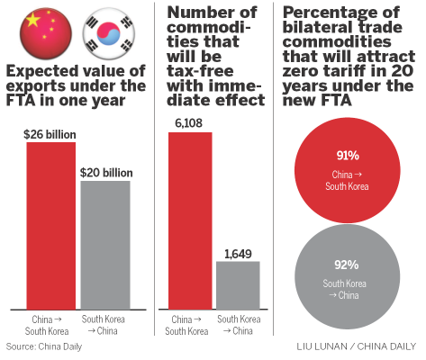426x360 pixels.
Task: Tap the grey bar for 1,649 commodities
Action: click(238, 285)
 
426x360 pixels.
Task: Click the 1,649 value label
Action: click(238, 253)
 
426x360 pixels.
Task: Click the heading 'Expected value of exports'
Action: click(75, 87)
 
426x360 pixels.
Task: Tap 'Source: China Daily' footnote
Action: click(41, 346)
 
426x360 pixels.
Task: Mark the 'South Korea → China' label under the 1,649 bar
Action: click(238, 324)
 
